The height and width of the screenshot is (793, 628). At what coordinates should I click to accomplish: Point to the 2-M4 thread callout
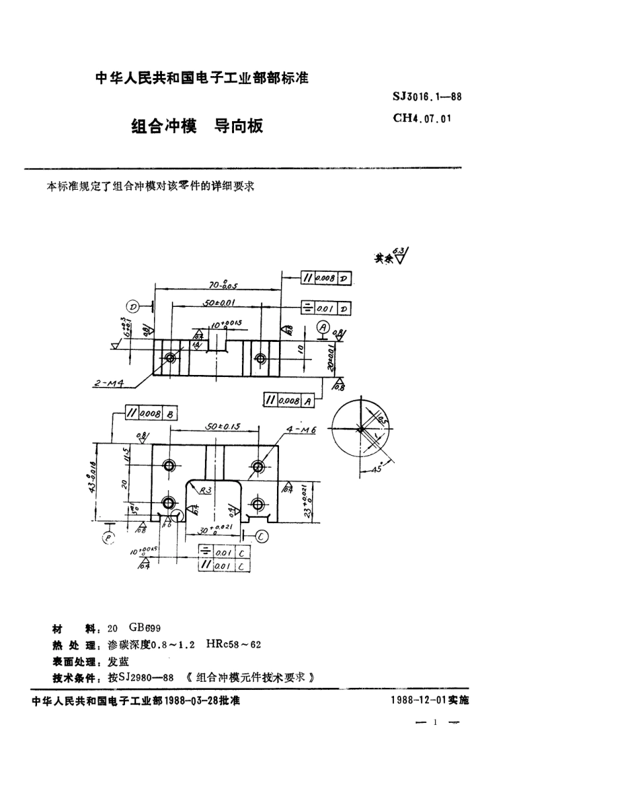pyautogui.click(x=110, y=383)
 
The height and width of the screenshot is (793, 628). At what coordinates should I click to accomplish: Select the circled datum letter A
pyautogui.click(x=323, y=327)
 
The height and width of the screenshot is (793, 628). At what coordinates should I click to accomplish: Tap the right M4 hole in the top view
pyautogui.click(x=260, y=358)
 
